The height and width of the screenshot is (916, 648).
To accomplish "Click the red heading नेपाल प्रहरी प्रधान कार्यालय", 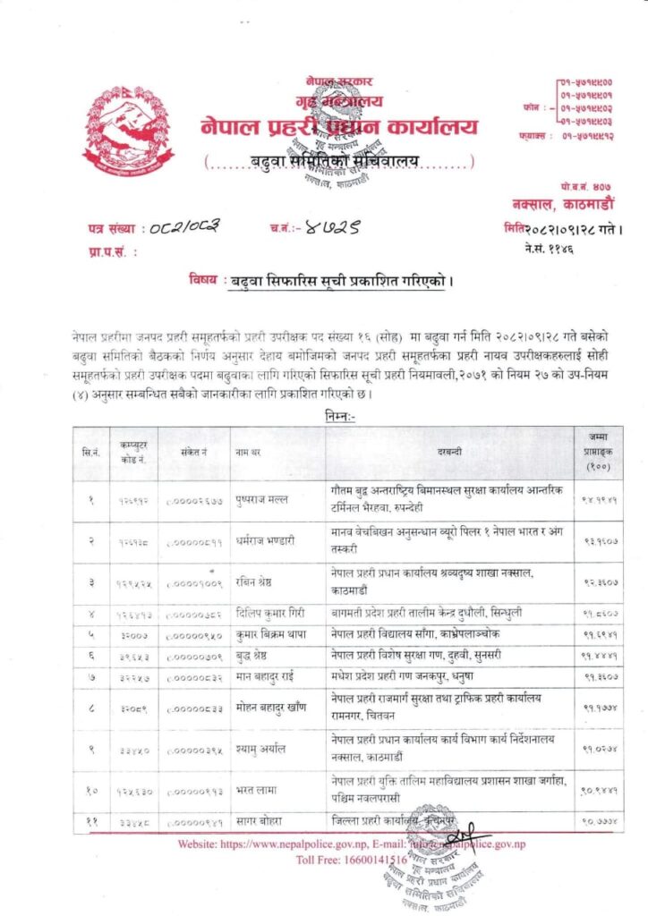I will pos(339,127).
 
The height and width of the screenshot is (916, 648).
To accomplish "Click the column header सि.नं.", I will pos(90,453).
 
